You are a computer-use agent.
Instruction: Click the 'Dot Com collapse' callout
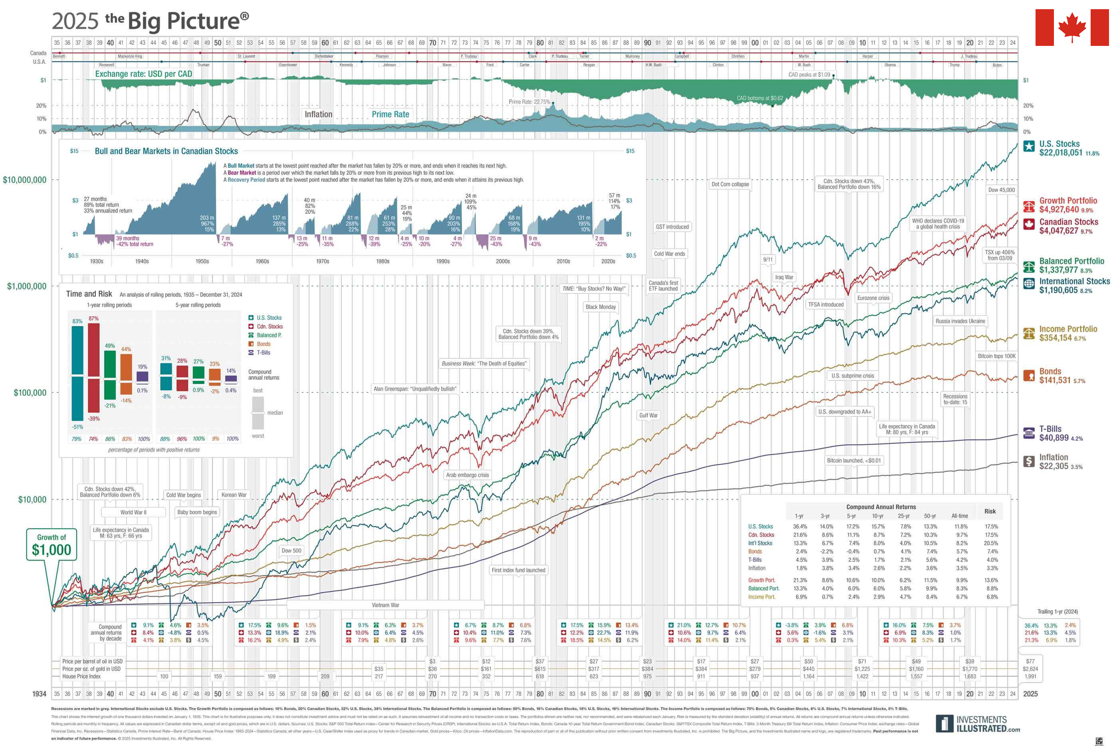click(x=730, y=184)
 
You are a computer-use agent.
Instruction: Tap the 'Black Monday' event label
click(x=600, y=307)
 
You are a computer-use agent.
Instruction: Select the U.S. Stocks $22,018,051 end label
click(x=1060, y=148)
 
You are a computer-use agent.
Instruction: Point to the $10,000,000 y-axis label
click(x=25, y=180)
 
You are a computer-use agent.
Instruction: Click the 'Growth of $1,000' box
click(x=52, y=545)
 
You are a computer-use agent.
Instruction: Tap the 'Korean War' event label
click(x=234, y=495)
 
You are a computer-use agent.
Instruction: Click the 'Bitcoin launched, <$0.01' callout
click(x=853, y=461)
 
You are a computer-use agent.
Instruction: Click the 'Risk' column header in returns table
click(x=990, y=511)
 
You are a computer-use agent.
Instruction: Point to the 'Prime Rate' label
click(x=390, y=114)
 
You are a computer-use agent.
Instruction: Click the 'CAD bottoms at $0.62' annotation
click(x=760, y=98)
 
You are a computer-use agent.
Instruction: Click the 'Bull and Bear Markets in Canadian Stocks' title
click(x=166, y=151)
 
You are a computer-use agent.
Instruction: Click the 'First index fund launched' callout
click(x=518, y=570)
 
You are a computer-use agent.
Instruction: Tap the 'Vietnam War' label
click(x=385, y=605)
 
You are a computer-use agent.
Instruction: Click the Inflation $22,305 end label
click(x=1054, y=461)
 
